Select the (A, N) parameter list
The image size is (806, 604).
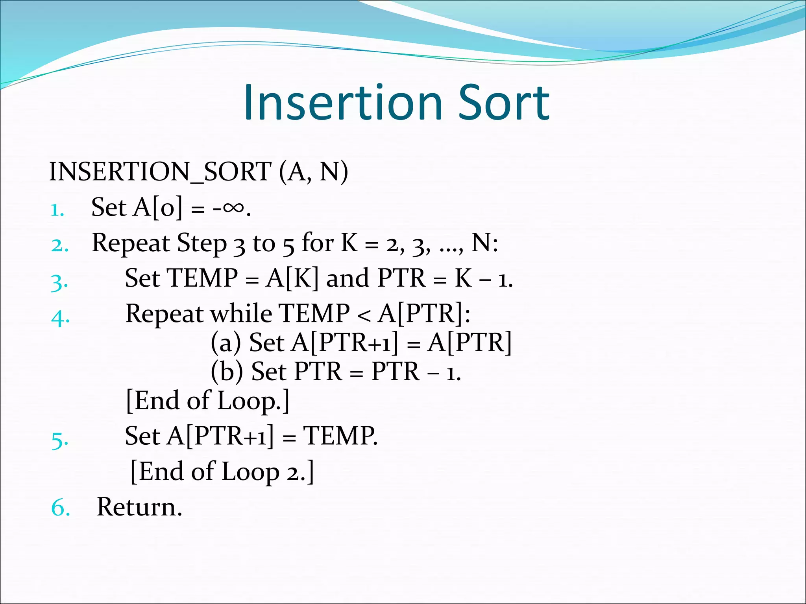pos(314,172)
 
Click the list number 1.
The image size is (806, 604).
pos(57,210)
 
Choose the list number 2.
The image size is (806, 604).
pos(60,245)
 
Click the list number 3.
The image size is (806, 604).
pos(59,282)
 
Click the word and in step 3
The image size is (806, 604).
pos(348,278)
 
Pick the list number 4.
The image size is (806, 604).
pos(61,317)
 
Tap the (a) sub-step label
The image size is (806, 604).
pos(226,343)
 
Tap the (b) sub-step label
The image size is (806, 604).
pos(227,371)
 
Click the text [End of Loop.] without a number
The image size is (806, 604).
pos(207,401)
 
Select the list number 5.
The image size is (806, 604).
pos(60,440)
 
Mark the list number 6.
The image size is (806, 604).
pos(61,508)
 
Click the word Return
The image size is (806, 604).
pos(139,507)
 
